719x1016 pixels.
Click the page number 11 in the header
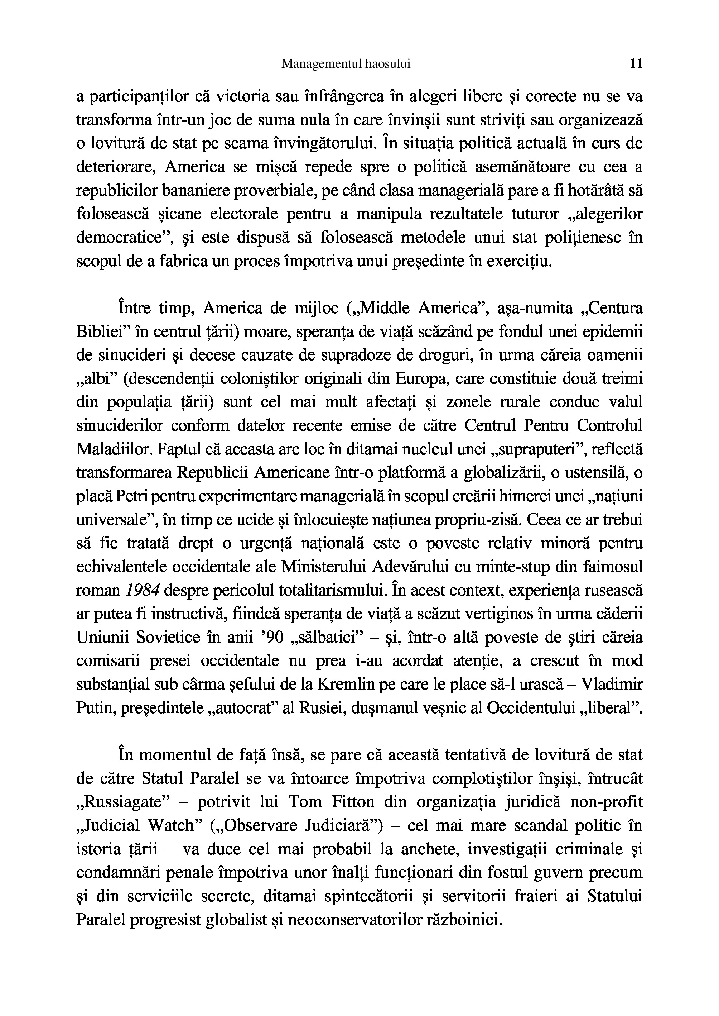[x=636, y=64]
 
